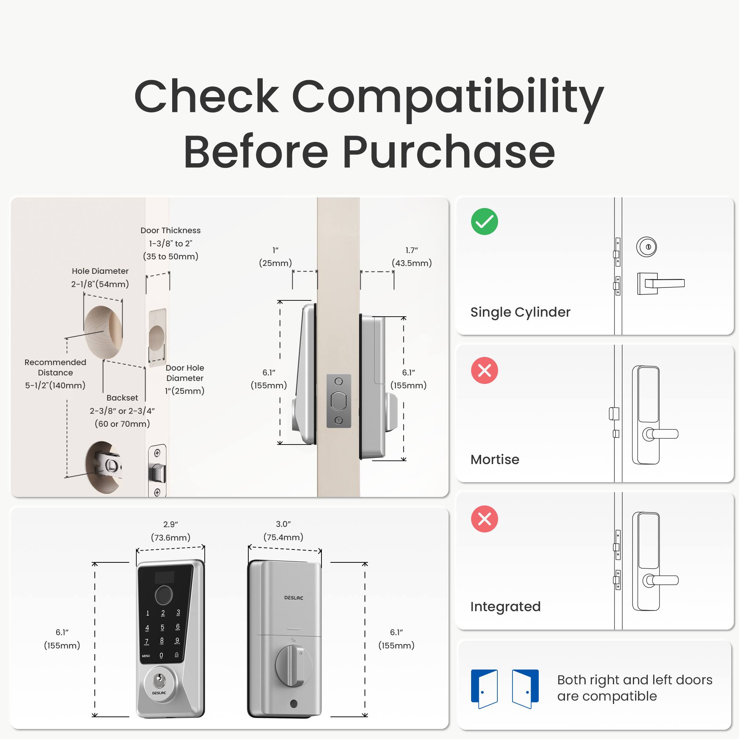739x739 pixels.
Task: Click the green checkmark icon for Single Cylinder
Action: (484, 221)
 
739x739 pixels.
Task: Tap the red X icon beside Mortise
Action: (484, 370)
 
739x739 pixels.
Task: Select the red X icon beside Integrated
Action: (484, 519)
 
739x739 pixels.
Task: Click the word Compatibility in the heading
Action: (447, 98)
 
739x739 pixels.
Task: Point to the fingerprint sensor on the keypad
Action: (164, 594)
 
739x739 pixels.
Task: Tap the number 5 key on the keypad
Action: (163, 627)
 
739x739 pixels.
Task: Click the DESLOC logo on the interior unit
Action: (293, 598)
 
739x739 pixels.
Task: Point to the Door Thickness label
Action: (171, 230)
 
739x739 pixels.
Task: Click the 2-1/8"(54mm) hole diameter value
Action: (100, 284)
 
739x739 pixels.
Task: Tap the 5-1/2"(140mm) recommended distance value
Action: (55, 385)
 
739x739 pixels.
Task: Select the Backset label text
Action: (122, 398)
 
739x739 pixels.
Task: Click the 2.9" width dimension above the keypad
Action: (171, 524)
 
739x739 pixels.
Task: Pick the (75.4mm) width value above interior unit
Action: (283, 537)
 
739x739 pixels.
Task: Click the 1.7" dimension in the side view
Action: (412, 250)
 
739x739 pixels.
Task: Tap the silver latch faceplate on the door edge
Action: (338, 401)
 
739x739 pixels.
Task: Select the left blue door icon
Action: (484, 688)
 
